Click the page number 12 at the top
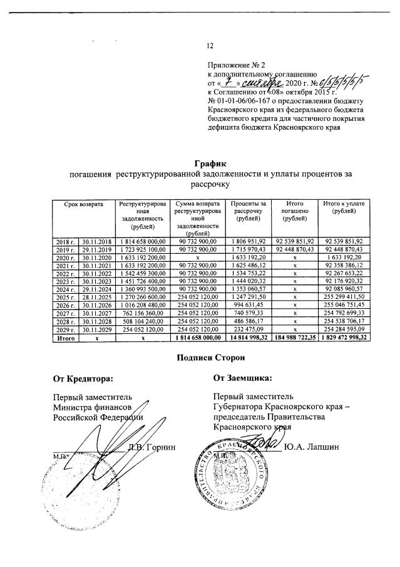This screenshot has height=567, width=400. (x=210, y=45)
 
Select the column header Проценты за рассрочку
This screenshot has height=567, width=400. (x=249, y=211)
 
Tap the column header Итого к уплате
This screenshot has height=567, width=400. (x=344, y=207)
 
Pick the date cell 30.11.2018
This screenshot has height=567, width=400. (x=96, y=241)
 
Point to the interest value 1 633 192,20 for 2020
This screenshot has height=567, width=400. (x=249, y=257)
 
